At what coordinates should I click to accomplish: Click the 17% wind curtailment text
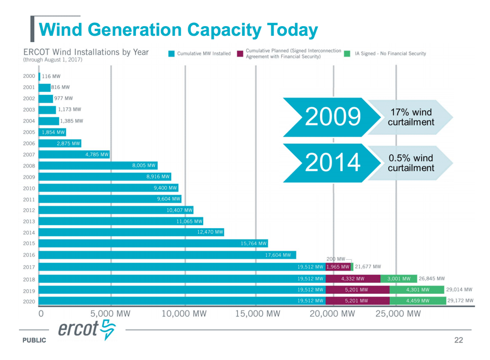[x=411, y=117]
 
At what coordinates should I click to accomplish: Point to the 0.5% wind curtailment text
[x=411, y=163]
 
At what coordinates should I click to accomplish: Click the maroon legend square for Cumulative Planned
[x=240, y=54]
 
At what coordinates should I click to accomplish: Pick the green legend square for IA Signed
[x=347, y=54]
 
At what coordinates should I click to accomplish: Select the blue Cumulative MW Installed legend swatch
[x=171, y=54]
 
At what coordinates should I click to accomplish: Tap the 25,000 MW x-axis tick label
[x=398, y=313]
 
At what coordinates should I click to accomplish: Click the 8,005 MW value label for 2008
[x=144, y=166]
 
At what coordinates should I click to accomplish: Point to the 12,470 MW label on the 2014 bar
[x=210, y=232]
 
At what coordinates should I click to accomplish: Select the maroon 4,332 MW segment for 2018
[x=352, y=278]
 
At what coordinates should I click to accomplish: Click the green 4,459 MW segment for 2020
[x=417, y=301]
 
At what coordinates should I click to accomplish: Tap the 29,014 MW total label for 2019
[x=460, y=290]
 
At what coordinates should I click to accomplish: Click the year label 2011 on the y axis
[x=29, y=199]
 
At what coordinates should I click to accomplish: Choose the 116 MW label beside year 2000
[x=51, y=76]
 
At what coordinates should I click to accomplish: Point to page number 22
[x=459, y=340]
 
